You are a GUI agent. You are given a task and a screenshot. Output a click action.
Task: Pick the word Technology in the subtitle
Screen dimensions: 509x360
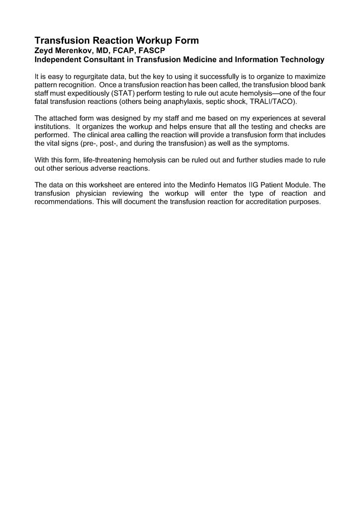299,60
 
